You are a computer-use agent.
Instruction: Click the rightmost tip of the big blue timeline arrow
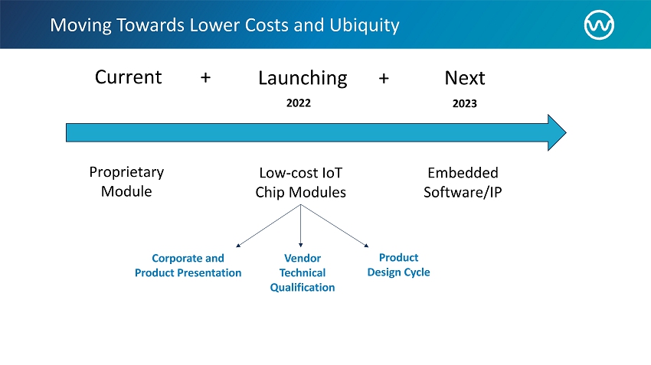pos(566,132)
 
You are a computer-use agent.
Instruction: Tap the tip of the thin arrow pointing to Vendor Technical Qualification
pos(300,247)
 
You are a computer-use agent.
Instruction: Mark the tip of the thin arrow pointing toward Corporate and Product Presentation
pos(236,247)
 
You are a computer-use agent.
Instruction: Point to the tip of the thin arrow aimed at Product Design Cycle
pos(368,247)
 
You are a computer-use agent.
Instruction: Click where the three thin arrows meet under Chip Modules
pos(300,204)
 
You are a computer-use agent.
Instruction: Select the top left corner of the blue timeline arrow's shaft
pos(66,123)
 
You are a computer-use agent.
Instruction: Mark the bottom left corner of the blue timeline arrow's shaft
pos(66,142)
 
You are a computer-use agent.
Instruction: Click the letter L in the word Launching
pos(263,78)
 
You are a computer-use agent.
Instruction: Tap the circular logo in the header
pos(599,25)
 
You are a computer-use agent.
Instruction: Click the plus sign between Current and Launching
pos(205,77)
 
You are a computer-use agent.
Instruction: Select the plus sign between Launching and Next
pos(384,78)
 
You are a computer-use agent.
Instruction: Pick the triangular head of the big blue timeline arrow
pos(557,132)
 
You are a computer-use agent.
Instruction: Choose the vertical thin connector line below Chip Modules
pos(300,226)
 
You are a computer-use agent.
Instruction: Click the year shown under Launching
pos(299,103)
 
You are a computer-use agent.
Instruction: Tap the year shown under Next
pos(465,103)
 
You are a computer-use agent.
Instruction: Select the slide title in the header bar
pos(224,25)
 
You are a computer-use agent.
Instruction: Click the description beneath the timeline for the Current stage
pos(126,181)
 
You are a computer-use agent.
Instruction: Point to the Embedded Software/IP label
pos(463,182)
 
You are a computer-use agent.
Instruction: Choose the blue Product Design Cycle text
pos(398,265)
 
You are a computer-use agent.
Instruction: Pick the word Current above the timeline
pos(129,77)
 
